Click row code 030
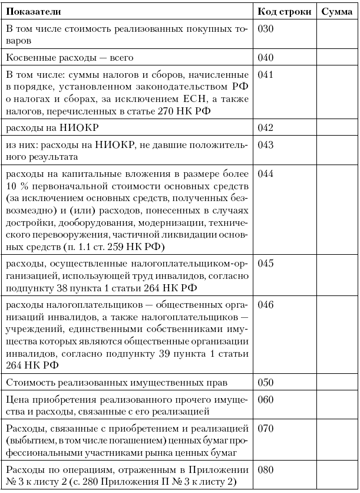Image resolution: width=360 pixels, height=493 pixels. tap(266, 29)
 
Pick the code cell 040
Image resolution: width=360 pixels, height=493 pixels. tap(266, 58)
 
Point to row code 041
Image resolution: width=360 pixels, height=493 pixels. tap(266, 75)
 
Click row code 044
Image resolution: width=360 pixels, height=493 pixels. tap(266, 174)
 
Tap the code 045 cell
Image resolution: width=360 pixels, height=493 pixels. tap(266, 263)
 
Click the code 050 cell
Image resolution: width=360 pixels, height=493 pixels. tap(266, 382)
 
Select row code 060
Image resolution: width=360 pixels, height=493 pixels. tap(266, 400)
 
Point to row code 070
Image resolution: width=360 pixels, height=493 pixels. tap(266, 428)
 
